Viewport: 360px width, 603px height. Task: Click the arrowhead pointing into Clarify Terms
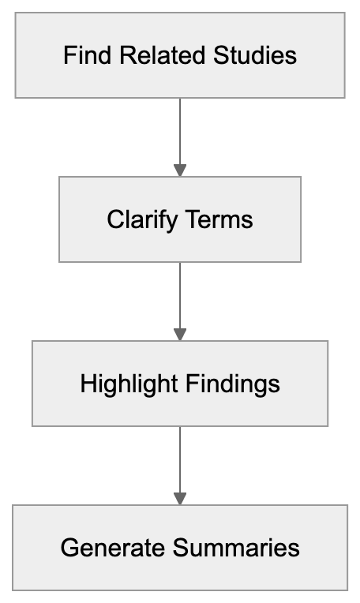[180, 170]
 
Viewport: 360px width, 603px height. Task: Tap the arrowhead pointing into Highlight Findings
[180, 334]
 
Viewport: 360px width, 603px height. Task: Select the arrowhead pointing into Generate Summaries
[180, 498]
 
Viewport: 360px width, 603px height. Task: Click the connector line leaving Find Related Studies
[180, 130]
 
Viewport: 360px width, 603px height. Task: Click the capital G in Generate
[69, 548]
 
